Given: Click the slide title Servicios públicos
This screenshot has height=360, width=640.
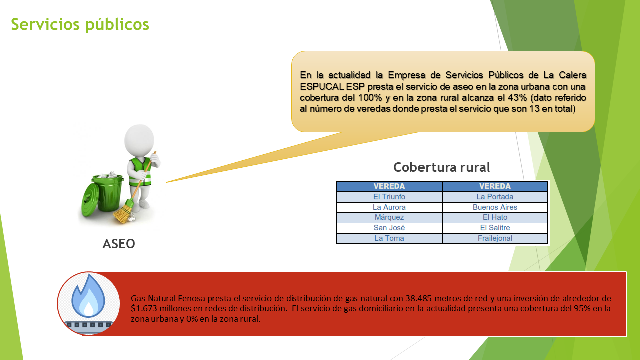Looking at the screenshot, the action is [x=80, y=25].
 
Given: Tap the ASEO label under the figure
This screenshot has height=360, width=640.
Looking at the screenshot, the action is [x=119, y=244].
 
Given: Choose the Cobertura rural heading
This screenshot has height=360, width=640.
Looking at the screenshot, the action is [x=441, y=167].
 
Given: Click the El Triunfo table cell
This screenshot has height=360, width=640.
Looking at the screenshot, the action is [x=389, y=197].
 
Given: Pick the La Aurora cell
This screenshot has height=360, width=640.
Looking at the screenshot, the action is [x=389, y=207].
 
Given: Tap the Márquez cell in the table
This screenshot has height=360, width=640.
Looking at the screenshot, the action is [x=389, y=217].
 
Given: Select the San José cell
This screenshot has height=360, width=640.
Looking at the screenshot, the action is [x=389, y=228].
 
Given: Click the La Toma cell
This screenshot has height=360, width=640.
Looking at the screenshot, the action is [x=389, y=238].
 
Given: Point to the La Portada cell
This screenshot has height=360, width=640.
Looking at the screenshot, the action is [x=495, y=197].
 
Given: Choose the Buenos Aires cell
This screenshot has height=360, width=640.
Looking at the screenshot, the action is [x=495, y=207].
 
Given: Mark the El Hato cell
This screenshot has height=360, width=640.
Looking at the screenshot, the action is [x=495, y=217].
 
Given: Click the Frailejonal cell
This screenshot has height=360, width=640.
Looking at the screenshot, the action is [x=495, y=238].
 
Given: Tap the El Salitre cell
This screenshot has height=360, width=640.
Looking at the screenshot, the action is [x=495, y=228].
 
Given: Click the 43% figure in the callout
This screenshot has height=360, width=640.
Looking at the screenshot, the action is [x=517, y=98].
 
